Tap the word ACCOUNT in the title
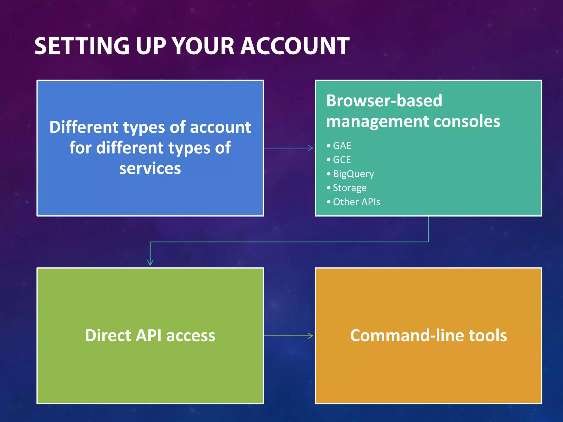(x=295, y=46)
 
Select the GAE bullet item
(x=342, y=146)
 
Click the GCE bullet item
(x=342, y=160)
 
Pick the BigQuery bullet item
(x=353, y=174)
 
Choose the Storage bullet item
(x=349, y=188)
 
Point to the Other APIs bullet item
(x=356, y=202)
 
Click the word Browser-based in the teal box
(x=384, y=101)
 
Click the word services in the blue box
(x=150, y=168)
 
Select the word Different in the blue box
(x=84, y=127)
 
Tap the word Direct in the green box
(x=108, y=336)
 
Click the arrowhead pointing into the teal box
(x=311, y=148)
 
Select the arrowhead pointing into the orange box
(x=311, y=336)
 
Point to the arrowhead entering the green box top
(x=150, y=263)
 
